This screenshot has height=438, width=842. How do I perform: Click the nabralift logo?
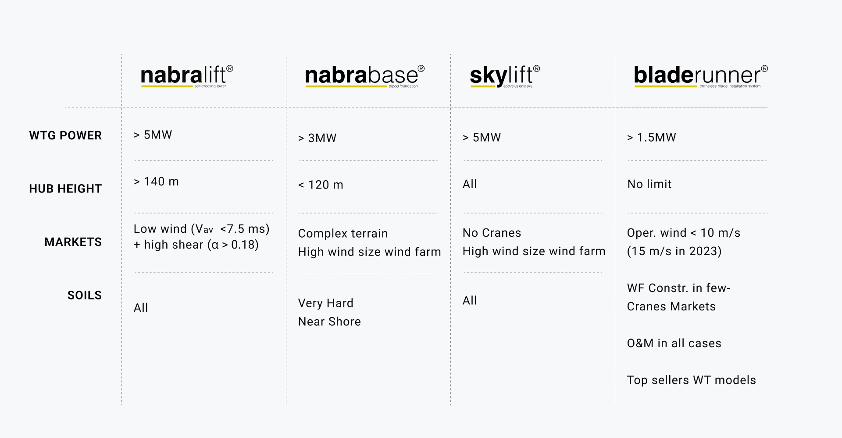[187, 76]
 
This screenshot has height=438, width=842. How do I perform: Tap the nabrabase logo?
[365, 76]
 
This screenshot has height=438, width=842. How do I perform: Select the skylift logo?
[505, 76]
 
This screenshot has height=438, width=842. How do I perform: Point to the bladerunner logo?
[701, 76]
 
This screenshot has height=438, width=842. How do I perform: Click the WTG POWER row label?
[65, 135]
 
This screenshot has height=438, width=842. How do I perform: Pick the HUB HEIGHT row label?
[65, 189]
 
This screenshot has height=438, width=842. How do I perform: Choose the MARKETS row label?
[73, 242]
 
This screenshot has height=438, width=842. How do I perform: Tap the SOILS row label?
[84, 295]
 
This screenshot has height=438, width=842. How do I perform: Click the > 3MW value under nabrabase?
[317, 138]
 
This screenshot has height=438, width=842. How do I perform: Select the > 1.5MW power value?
[652, 137]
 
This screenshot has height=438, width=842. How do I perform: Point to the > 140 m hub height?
[156, 182]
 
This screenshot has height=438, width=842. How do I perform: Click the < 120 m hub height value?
[321, 185]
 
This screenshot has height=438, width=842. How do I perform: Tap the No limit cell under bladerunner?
[649, 184]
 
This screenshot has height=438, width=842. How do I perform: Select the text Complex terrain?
[343, 233]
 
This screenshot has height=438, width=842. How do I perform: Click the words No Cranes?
[492, 233]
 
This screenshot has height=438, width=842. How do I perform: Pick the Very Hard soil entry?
[326, 303]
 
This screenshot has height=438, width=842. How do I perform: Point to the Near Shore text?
[329, 321]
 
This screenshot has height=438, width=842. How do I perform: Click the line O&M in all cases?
[674, 343]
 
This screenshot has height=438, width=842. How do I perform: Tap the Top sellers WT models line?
[692, 380]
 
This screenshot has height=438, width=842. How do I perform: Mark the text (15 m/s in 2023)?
[674, 251]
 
